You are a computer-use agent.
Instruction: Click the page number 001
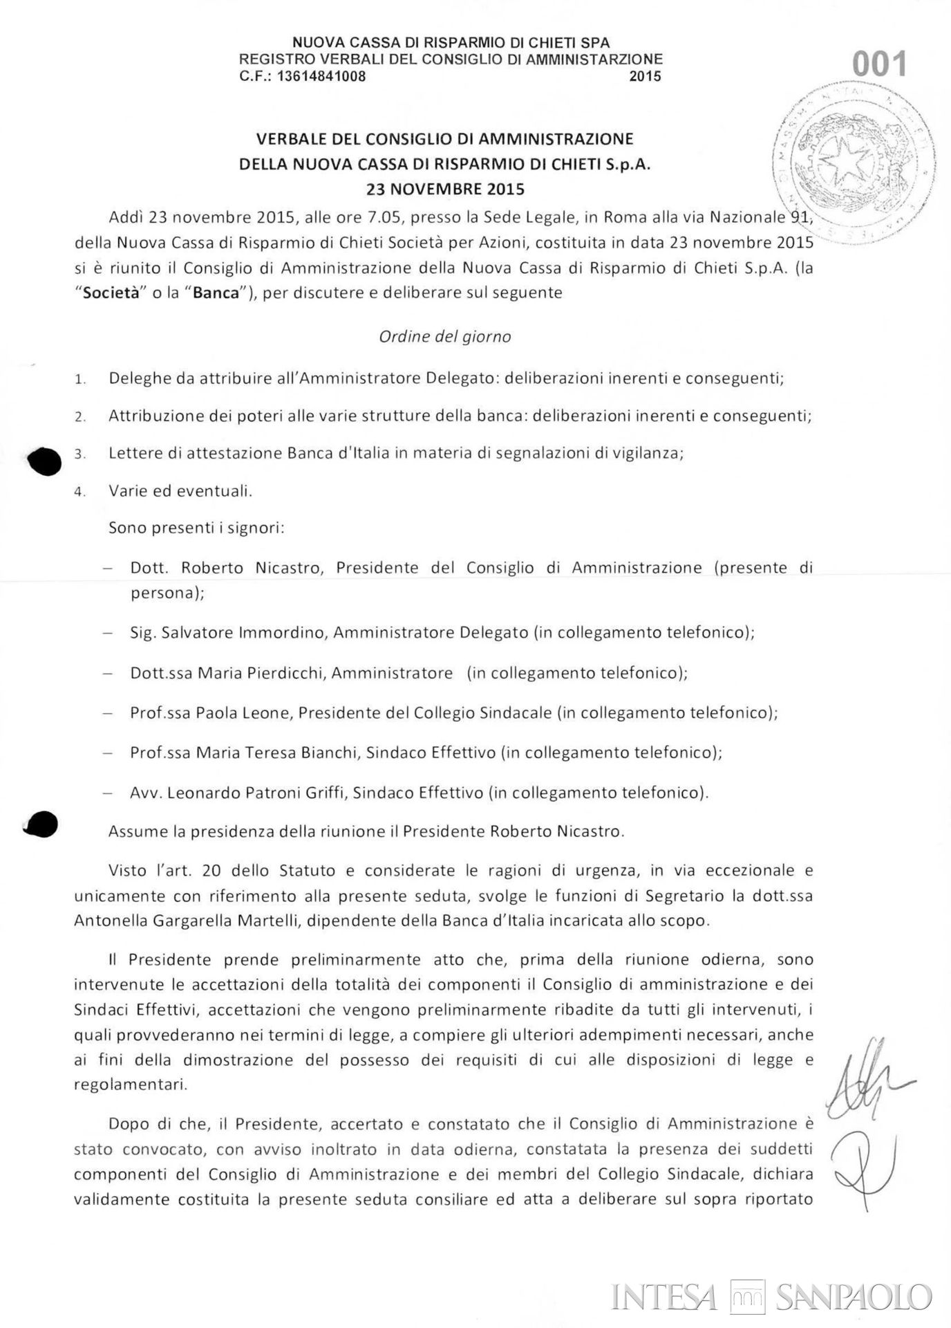tap(879, 64)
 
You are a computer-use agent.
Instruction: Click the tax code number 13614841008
tap(321, 76)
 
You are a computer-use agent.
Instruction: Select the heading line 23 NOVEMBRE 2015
tap(445, 189)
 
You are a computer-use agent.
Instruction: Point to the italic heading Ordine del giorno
tap(445, 337)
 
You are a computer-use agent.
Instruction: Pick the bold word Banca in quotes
tap(216, 292)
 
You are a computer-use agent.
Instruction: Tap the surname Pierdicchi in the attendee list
tap(285, 672)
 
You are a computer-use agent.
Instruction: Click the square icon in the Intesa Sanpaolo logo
tap(747, 1295)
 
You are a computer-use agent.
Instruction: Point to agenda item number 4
tap(79, 492)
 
